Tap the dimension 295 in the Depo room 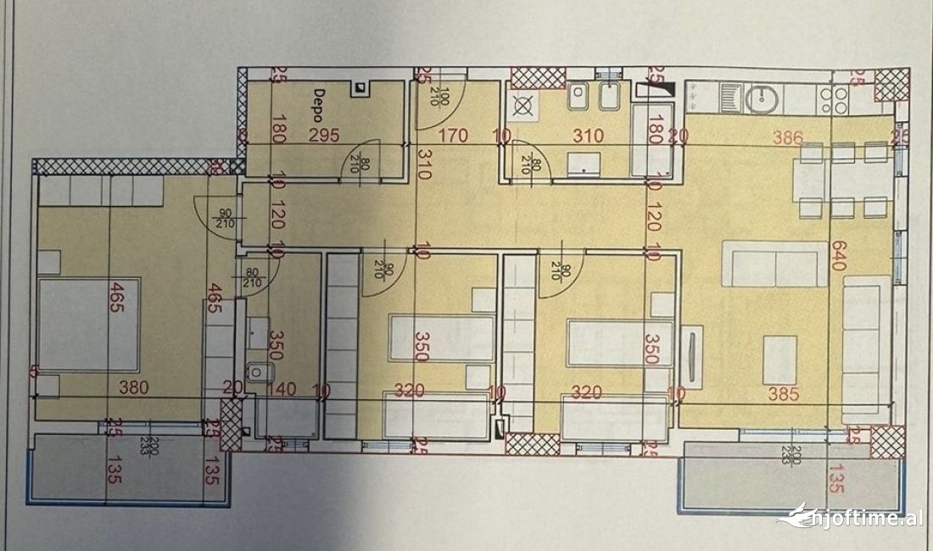tap(323, 136)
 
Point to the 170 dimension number tap(454, 136)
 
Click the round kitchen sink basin tap(762, 99)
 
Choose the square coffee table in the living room tap(779, 359)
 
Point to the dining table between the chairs tap(843, 181)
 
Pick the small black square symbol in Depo tap(360, 86)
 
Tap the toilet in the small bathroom tap(256, 371)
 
